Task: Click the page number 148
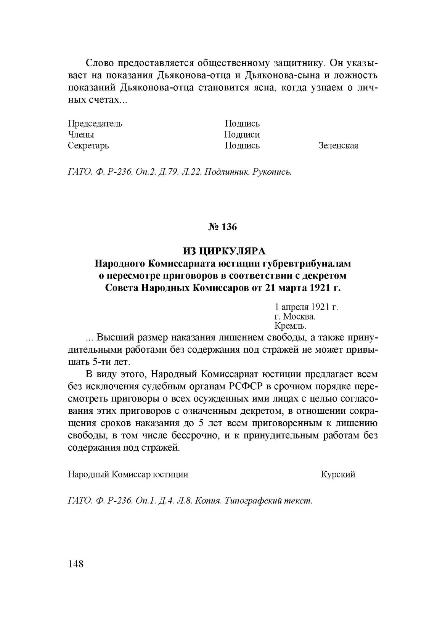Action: [x=76, y=564]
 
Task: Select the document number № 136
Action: [x=223, y=227]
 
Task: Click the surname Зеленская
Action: [x=338, y=146]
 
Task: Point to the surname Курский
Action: [x=338, y=474]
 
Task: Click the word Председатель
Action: [x=95, y=124]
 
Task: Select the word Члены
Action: [x=81, y=135]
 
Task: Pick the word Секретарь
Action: [x=88, y=146]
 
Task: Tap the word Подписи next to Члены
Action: [x=242, y=135]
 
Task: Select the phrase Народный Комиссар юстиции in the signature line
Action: [x=128, y=474]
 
